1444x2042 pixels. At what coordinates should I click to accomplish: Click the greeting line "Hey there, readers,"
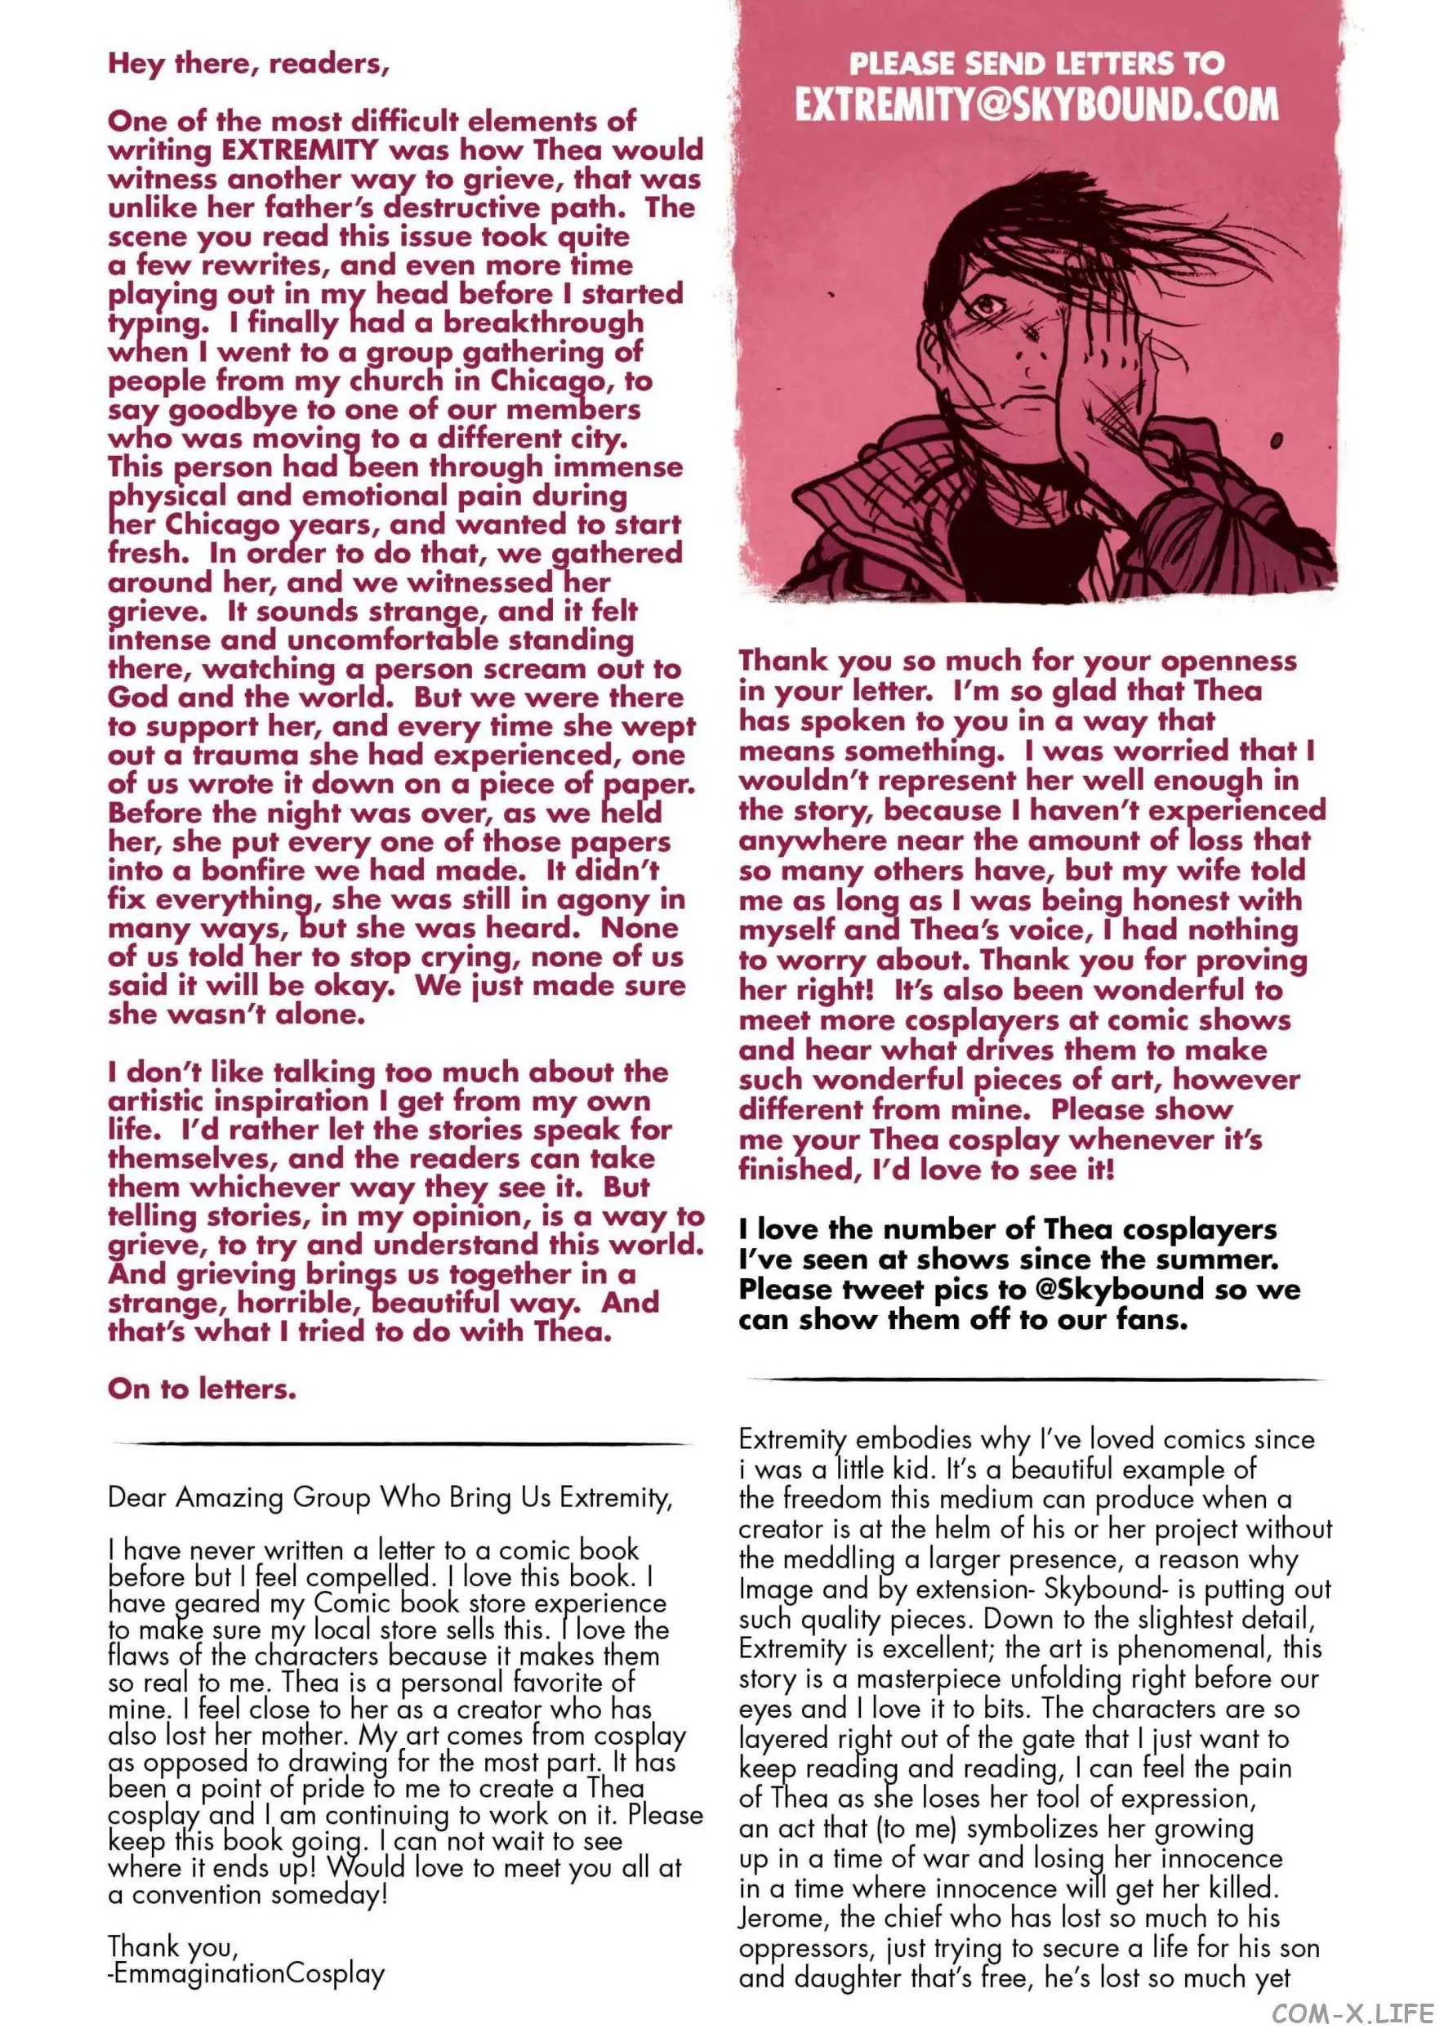point(248,64)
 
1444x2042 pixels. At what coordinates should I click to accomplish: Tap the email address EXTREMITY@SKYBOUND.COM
point(1036,105)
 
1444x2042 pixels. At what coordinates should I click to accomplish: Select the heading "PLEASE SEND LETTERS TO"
point(1036,63)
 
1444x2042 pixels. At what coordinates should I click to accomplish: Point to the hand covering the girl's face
point(1103,373)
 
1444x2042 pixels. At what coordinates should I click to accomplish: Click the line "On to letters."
point(202,1389)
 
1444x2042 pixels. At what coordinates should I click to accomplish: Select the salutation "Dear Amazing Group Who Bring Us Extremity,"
point(390,1498)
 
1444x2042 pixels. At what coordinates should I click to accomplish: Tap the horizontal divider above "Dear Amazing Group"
point(402,1442)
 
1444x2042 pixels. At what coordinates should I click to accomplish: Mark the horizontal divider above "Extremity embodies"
point(1036,1380)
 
